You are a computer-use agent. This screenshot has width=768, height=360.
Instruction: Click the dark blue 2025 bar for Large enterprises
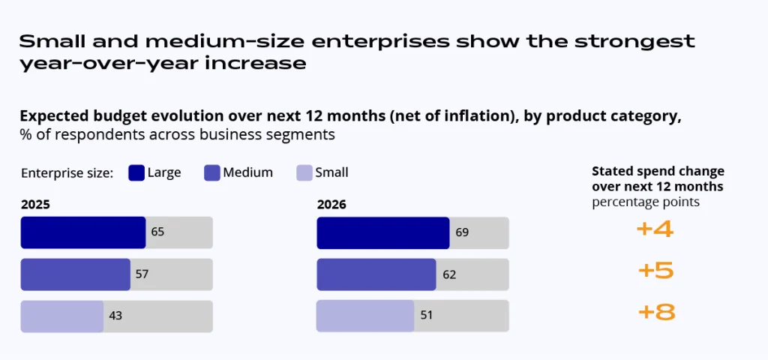click(82, 232)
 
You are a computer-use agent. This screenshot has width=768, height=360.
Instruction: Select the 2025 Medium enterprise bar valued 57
click(75, 274)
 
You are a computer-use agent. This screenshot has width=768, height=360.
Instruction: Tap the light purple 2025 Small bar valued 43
click(61, 316)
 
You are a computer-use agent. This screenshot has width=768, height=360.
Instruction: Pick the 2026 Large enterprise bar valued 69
click(382, 232)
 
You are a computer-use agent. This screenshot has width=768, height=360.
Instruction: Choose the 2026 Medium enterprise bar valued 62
click(376, 274)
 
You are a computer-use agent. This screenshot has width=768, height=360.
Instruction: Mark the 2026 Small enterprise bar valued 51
click(364, 316)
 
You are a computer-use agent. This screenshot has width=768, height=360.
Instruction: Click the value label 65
click(157, 232)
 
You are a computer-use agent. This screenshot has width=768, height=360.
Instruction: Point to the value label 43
click(115, 316)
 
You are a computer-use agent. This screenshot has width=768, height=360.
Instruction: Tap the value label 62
click(449, 274)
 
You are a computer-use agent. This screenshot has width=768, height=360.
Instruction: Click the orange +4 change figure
click(655, 229)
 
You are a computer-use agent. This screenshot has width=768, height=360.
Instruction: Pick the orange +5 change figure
click(655, 271)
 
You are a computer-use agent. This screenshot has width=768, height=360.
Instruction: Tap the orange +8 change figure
click(655, 312)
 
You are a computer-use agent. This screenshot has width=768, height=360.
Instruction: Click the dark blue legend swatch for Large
click(136, 172)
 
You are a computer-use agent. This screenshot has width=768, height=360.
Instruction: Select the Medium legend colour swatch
click(211, 172)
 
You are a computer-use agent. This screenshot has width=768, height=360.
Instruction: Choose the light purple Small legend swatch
click(304, 172)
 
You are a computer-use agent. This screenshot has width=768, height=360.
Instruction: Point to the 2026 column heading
click(331, 204)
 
